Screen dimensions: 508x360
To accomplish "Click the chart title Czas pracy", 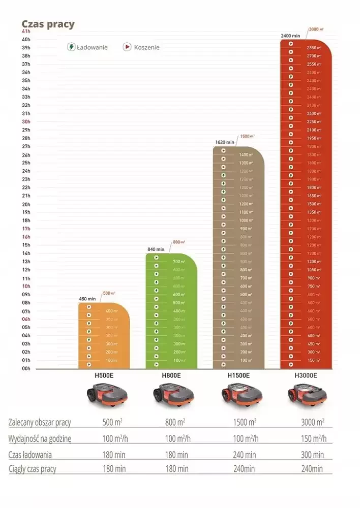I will click(x=48, y=24).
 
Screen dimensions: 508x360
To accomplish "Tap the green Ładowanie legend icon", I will click(x=72, y=47).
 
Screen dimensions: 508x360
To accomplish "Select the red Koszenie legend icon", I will click(x=127, y=47).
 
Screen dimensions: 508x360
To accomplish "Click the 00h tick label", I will click(x=26, y=368).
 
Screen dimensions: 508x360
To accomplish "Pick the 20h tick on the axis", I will click(x=26, y=204).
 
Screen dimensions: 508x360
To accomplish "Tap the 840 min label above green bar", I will click(x=156, y=249).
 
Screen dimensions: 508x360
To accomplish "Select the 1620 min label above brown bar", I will click(x=225, y=142).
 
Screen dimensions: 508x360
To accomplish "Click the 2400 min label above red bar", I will click(x=291, y=36).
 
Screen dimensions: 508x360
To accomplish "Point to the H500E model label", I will click(x=104, y=376).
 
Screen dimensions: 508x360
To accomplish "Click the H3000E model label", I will click(x=306, y=376).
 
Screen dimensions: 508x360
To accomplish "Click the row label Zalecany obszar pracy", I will click(x=40, y=423).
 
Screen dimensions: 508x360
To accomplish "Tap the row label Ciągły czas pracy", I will click(x=33, y=469).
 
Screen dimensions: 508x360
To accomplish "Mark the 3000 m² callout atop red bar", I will click(x=316, y=29).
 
